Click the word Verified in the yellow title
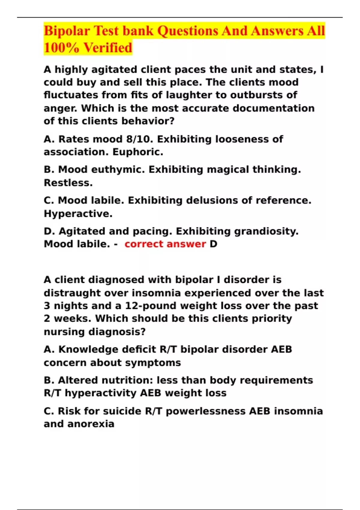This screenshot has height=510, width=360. [108, 48]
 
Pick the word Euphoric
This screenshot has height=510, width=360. [138, 152]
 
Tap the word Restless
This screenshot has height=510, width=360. [68, 183]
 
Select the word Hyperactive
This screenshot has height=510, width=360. [78, 214]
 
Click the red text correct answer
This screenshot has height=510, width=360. [165, 244]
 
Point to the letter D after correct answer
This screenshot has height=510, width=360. [213, 244]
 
